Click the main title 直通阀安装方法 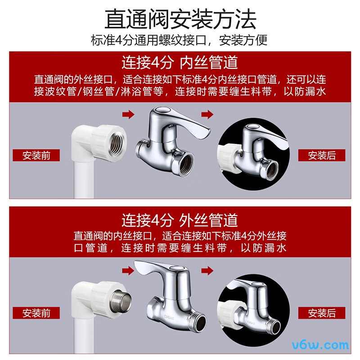(x=180, y=19)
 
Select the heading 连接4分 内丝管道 (x=180, y=62)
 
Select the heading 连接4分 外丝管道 (x=180, y=220)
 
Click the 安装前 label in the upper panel (x=36, y=155)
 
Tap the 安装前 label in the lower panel (x=36, y=313)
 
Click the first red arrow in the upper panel (x=129, y=115)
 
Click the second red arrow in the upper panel (x=207, y=115)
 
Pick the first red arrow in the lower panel (x=129, y=271)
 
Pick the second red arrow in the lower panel (x=207, y=271)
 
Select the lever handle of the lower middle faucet (x=155, y=269)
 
